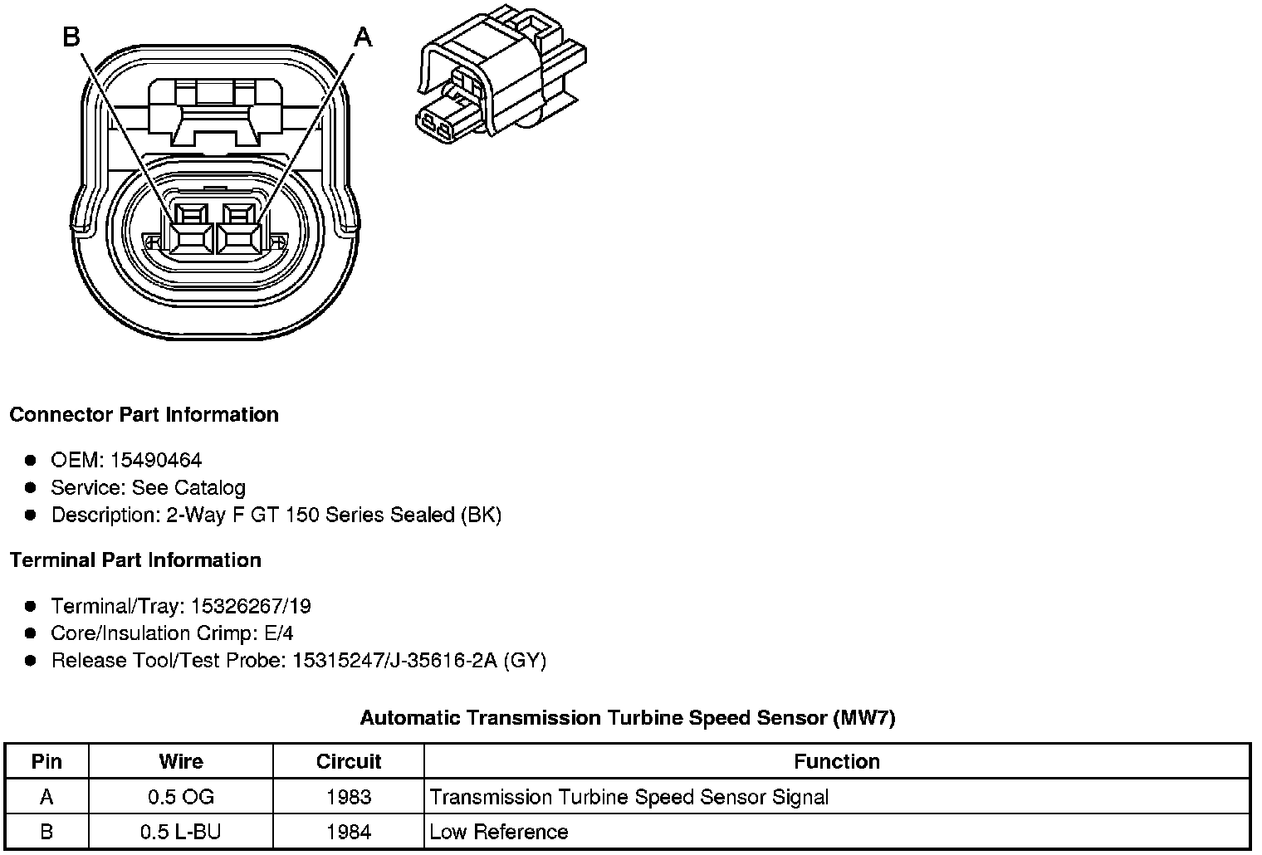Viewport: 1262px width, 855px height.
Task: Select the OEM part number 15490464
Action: pyautogui.click(x=156, y=460)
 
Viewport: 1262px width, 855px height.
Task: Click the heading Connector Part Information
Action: pyautogui.click(x=144, y=414)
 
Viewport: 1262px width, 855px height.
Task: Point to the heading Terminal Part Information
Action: pyautogui.click(x=135, y=560)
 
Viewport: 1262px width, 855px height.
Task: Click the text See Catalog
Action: pyautogui.click(x=188, y=487)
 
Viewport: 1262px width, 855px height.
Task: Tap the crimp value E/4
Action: pyautogui.click(x=278, y=633)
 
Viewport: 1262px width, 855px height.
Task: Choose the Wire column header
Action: pyautogui.click(x=181, y=761)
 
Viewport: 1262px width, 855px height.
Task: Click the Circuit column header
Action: pyautogui.click(x=349, y=761)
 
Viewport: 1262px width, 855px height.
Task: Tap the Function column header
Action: pyautogui.click(x=836, y=761)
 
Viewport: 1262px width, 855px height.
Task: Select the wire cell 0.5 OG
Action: pyautogui.click(x=181, y=797)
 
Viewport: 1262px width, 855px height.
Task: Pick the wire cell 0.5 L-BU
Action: pyautogui.click(x=181, y=832)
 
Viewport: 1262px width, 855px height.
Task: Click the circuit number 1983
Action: pyautogui.click(x=349, y=797)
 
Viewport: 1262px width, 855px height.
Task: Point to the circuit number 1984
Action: pyautogui.click(x=349, y=832)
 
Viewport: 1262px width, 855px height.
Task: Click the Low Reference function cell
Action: pyautogui.click(x=499, y=832)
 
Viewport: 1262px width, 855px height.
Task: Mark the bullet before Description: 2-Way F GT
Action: pyautogui.click(x=31, y=515)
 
